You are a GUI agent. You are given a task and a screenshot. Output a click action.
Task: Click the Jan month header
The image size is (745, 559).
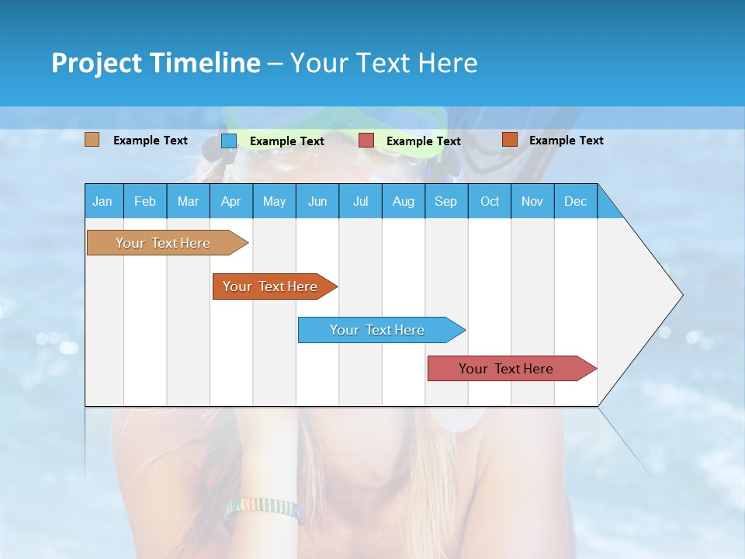click(x=103, y=201)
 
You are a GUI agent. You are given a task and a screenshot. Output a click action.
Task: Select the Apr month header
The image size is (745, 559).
click(x=230, y=201)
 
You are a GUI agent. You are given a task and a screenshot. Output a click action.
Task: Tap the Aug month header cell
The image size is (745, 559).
click(x=403, y=201)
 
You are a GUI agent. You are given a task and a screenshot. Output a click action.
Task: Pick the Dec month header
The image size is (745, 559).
click(x=575, y=201)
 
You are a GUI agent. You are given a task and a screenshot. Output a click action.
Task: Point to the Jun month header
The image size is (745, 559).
click(x=317, y=201)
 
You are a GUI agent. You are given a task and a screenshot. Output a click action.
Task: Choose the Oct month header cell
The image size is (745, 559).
click(x=489, y=201)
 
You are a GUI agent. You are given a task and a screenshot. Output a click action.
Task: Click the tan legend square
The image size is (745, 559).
click(x=92, y=140)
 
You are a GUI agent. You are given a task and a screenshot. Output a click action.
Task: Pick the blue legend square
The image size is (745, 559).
click(x=229, y=141)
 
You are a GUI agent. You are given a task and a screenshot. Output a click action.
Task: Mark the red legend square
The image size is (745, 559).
click(x=366, y=141)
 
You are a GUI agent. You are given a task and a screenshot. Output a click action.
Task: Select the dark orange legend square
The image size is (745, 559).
click(x=509, y=140)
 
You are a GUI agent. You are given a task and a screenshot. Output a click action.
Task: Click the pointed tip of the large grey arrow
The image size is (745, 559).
click(x=681, y=295)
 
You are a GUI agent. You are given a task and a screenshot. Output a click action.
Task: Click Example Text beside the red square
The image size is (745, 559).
click(x=423, y=141)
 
